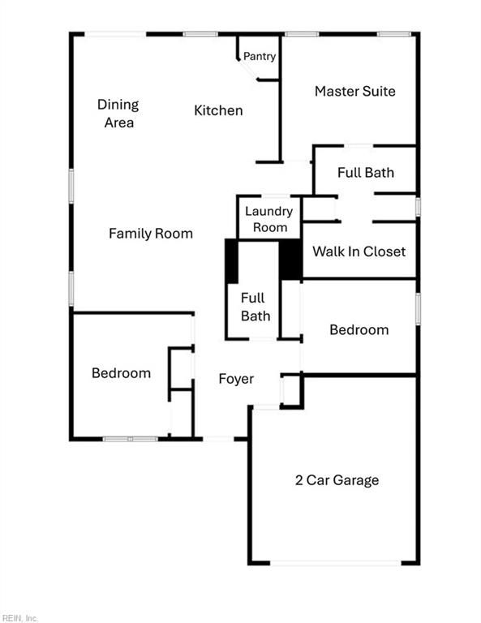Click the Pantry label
tap(260, 57)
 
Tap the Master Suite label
tap(355, 92)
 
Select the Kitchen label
tap(218, 110)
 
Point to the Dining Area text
tap(118, 114)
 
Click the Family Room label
tap(151, 234)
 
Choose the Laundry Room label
tap(269, 219)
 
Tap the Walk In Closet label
tap(359, 251)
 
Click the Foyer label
tap(236, 379)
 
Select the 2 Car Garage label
tap(337, 480)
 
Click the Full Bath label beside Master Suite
tap(366, 173)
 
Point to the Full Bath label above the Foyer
tap(256, 307)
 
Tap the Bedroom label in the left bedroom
tap(121, 373)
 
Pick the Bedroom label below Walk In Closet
tap(359, 330)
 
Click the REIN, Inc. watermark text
tap(19, 618)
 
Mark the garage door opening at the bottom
tap(336, 563)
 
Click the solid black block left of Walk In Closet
tap(291, 260)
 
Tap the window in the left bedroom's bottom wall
tap(131, 439)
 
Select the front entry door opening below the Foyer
tap(218, 439)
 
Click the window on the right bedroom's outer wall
tap(418, 309)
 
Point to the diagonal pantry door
tap(248, 70)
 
